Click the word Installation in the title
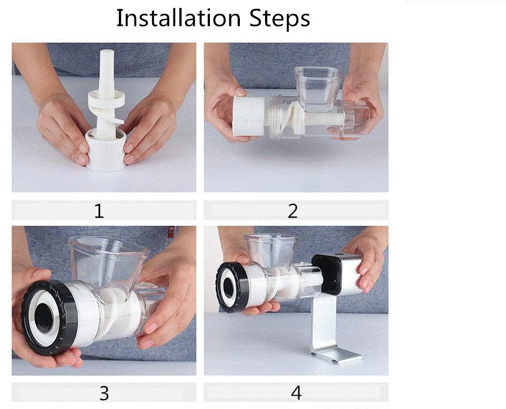(x=178, y=18)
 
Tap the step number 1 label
(x=99, y=211)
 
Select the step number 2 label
(x=292, y=211)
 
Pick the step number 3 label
(x=104, y=393)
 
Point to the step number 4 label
(x=296, y=393)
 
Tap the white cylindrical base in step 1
(x=106, y=151)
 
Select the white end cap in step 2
(x=249, y=116)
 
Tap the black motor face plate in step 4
(x=326, y=274)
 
